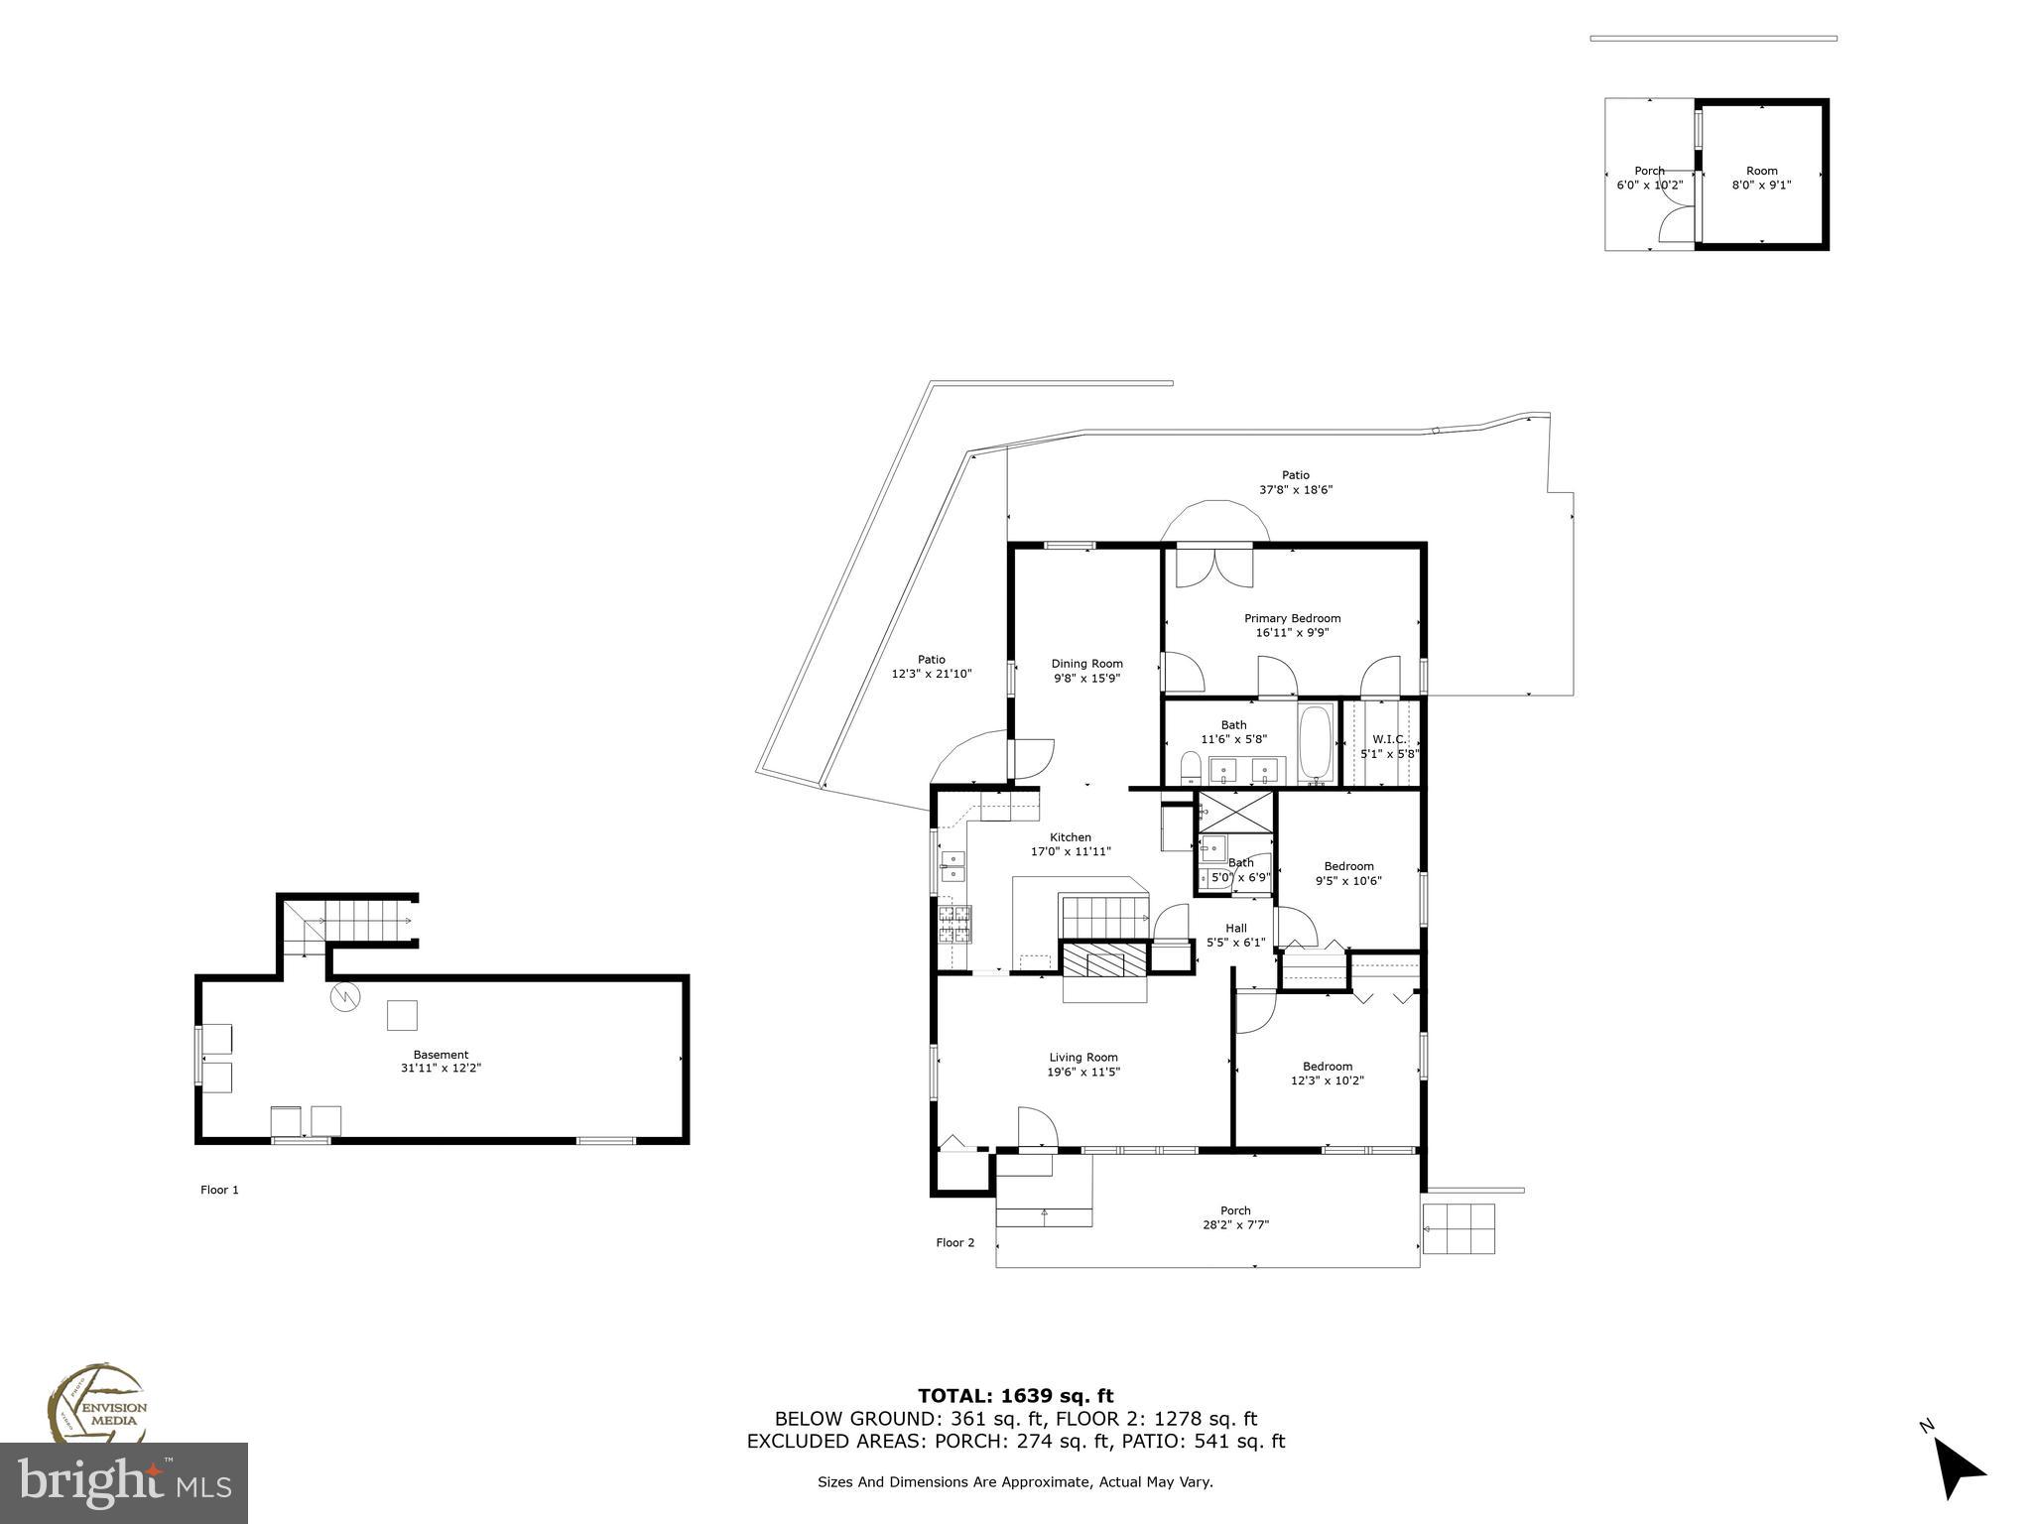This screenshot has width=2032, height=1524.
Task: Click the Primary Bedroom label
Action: [1292, 618]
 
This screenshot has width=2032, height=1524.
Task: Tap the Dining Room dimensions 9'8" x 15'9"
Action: [1086, 679]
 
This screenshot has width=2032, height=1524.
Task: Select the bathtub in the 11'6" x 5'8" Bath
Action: [1317, 741]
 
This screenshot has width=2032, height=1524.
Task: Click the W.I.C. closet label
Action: [1388, 739]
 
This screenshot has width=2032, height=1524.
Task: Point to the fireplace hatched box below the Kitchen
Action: [1105, 961]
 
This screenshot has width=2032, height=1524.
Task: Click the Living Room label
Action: [1083, 1057]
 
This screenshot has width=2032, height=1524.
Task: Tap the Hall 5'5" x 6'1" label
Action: [1235, 936]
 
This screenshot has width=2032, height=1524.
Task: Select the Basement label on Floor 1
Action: [441, 1055]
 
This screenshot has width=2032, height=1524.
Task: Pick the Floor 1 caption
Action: [219, 1190]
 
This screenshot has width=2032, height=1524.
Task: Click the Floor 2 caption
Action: [954, 1242]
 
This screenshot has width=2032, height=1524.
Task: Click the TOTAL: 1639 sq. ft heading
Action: [1015, 1396]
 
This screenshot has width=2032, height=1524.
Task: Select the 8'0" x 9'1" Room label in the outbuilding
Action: [1761, 178]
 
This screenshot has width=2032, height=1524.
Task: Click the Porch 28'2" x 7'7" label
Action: [1235, 1217]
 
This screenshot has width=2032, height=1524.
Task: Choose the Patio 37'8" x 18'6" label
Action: [1295, 482]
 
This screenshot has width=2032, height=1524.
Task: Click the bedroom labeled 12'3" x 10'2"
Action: [1327, 1074]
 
